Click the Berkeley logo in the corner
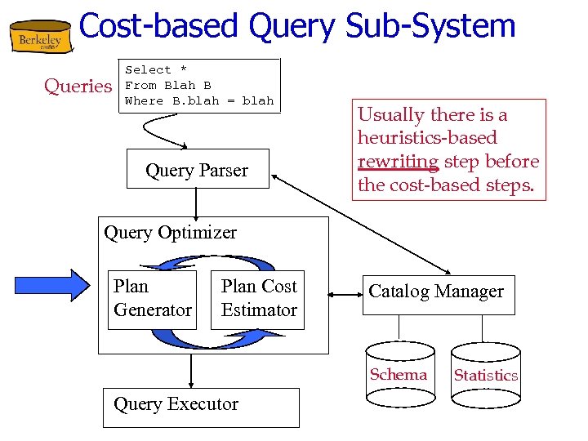(x=39, y=38)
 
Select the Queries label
(x=78, y=86)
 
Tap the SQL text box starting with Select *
(x=199, y=85)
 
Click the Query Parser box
(x=197, y=169)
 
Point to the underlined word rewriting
(x=398, y=162)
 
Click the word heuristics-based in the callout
(x=427, y=138)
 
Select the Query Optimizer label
(x=171, y=233)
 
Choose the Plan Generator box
(x=153, y=299)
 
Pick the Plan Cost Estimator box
(x=258, y=299)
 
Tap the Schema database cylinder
(x=399, y=375)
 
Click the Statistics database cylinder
(x=485, y=375)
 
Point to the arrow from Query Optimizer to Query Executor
(x=190, y=371)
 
